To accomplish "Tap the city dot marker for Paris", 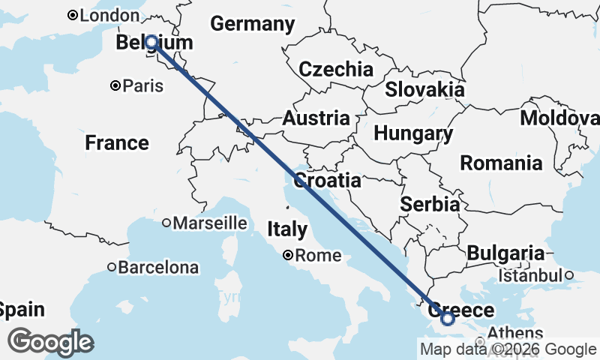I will click(x=115, y=86).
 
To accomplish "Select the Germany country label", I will click(x=252, y=24).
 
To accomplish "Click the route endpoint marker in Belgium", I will click(x=151, y=42).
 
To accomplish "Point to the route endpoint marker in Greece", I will click(x=448, y=319).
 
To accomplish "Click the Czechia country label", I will click(x=336, y=70).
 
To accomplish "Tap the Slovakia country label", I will click(x=424, y=90).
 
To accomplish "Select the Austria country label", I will click(x=316, y=118).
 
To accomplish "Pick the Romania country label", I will click(x=502, y=163).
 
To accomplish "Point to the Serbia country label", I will click(x=430, y=204).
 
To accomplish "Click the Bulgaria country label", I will click(x=505, y=253).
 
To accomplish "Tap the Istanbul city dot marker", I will click(x=570, y=275).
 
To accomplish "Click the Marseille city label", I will click(x=210, y=223).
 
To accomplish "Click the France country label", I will click(x=117, y=142).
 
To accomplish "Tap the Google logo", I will click(x=50, y=342).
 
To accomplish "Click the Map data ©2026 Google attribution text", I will click(x=508, y=349).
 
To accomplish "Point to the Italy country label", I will click(x=288, y=228).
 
